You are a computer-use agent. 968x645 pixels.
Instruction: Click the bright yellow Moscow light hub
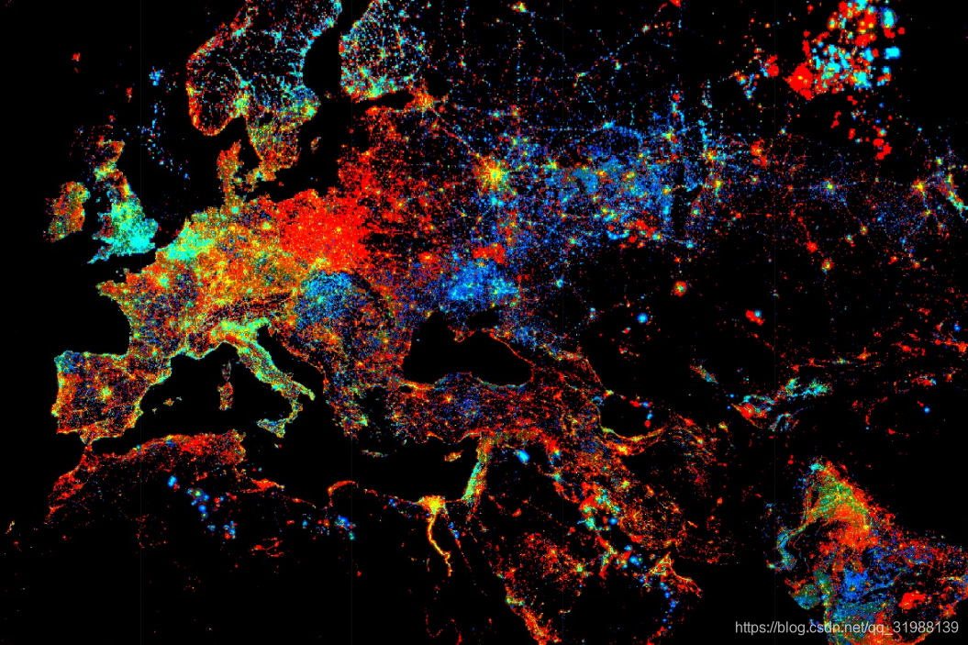point(495,172)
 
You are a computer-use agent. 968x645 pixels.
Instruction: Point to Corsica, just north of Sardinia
point(227,373)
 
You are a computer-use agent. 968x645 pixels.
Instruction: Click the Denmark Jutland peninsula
point(228,165)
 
